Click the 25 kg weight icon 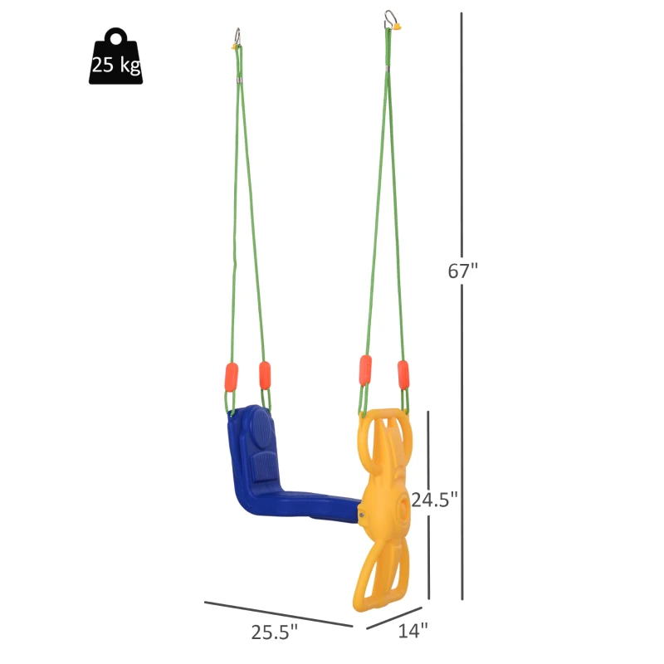[115, 57]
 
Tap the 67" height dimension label [464, 271]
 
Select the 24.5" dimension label [434, 500]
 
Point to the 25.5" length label [275, 632]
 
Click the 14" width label [413, 631]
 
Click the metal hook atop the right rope [389, 16]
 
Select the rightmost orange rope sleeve [403, 374]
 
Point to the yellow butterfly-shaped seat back [384, 506]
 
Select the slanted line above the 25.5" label [278, 613]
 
